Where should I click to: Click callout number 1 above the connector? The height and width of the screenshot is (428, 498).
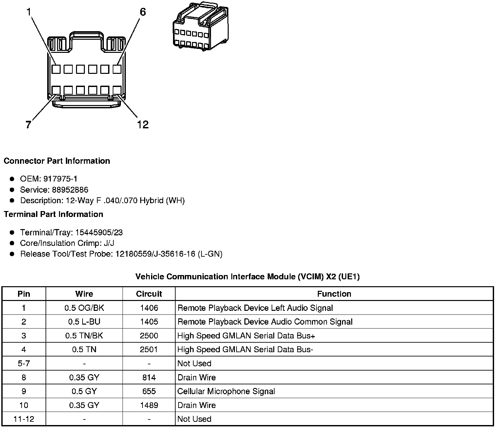pyautogui.click(x=29, y=12)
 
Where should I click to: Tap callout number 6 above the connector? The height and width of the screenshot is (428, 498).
pyautogui.click(x=143, y=12)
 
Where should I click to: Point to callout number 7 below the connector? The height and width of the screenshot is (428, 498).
pyautogui.click(x=29, y=125)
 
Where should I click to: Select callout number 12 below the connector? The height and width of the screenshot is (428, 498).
pyautogui.click(x=143, y=125)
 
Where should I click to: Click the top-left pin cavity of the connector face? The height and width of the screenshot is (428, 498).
pyautogui.click(x=56, y=69)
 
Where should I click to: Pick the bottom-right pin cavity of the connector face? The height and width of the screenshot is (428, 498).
pyautogui.click(x=117, y=90)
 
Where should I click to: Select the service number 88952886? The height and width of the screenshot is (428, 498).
pyautogui.click(x=70, y=190)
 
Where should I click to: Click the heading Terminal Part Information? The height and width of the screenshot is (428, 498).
pyautogui.click(x=53, y=214)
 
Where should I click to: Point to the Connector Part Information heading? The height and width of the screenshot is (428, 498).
pyautogui.click(x=57, y=161)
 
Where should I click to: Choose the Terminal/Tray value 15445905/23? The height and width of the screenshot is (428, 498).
pyautogui.click(x=99, y=232)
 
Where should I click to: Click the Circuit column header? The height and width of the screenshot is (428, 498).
pyautogui.click(x=149, y=294)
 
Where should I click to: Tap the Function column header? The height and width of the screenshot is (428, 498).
pyautogui.click(x=334, y=294)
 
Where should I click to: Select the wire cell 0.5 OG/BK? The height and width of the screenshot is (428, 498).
pyautogui.click(x=84, y=308)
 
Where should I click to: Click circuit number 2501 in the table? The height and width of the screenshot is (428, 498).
pyautogui.click(x=149, y=350)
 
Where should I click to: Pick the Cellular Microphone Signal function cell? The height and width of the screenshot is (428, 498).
pyautogui.click(x=226, y=391)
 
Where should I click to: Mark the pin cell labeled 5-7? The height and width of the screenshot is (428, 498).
pyautogui.click(x=24, y=363)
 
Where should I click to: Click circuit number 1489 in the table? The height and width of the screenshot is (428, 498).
pyautogui.click(x=149, y=405)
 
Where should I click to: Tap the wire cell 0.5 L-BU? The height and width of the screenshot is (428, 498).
pyautogui.click(x=84, y=322)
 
